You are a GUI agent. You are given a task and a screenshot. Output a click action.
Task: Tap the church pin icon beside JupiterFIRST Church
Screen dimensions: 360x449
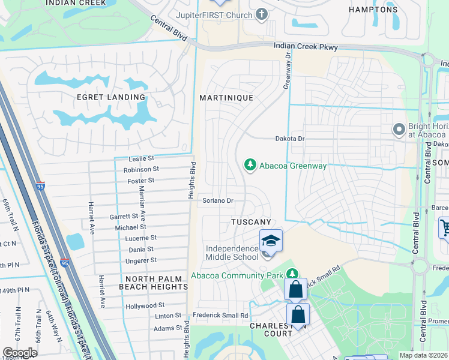click(x=261, y=14)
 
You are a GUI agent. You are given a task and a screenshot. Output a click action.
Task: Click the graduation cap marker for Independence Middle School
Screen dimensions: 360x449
click(x=271, y=241)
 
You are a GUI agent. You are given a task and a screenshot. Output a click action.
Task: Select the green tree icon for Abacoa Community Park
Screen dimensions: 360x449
click(x=292, y=274)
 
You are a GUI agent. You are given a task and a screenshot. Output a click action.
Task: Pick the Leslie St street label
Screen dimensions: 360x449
click(x=142, y=159)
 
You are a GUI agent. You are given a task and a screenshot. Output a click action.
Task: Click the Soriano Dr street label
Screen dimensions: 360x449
click(x=217, y=200)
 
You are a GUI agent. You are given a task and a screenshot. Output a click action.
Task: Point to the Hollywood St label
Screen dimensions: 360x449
click(x=145, y=306)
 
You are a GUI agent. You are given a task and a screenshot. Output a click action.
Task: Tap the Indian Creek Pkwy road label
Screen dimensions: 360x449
click(x=306, y=47)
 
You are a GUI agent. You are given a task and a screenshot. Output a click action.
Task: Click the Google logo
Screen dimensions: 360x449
click(x=20, y=352)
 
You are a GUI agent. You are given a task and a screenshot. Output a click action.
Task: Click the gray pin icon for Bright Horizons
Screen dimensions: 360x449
click(x=398, y=129)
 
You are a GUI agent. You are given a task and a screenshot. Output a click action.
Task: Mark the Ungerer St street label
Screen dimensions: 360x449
click(x=140, y=260)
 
